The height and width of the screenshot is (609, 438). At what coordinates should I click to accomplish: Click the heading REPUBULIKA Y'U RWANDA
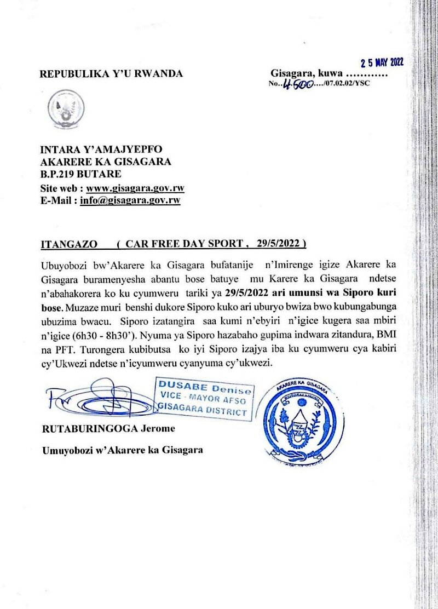[112, 74]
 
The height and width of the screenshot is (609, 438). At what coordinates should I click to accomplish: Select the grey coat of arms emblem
[64, 110]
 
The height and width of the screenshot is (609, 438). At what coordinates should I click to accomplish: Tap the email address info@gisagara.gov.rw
[130, 200]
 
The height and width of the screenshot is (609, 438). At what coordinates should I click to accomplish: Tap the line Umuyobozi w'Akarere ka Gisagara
[122, 450]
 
